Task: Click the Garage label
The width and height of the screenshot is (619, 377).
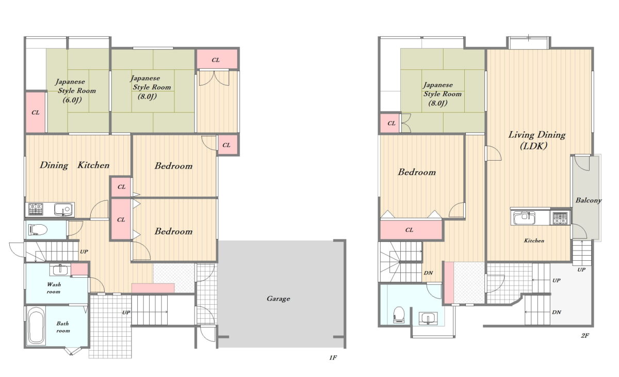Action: (x=278, y=299)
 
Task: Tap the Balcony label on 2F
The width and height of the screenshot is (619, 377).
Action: (x=589, y=200)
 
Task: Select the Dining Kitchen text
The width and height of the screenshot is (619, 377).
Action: (x=75, y=165)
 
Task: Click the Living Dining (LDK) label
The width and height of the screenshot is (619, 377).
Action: (x=536, y=140)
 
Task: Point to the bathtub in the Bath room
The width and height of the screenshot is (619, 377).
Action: (x=36, y=325)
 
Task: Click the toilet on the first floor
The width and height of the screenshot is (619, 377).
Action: (x=38, y=230)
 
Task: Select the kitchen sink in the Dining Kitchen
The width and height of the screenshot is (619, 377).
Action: (x=64, y=209)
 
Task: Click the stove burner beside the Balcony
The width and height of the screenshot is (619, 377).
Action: (x=560, y=218)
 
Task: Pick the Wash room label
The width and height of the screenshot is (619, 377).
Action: (x=54, y=288)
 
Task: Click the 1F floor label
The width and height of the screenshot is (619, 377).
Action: (x=333, y=358)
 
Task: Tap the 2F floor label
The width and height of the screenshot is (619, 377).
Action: (x=585, y=336)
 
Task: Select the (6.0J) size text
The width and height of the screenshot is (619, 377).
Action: (x=72, y=100)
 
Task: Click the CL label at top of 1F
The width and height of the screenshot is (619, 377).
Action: (x=216, y=60)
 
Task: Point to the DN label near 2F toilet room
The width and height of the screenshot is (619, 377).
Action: (x=428, y=273)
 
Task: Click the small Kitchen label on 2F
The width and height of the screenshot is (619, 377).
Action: (x=534, y=241)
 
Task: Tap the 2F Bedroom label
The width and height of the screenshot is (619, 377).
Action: (x=417, y=172)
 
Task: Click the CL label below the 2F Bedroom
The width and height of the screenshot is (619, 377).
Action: (x=409, y=230)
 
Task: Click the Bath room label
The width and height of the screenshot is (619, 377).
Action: (x=63, y=327)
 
